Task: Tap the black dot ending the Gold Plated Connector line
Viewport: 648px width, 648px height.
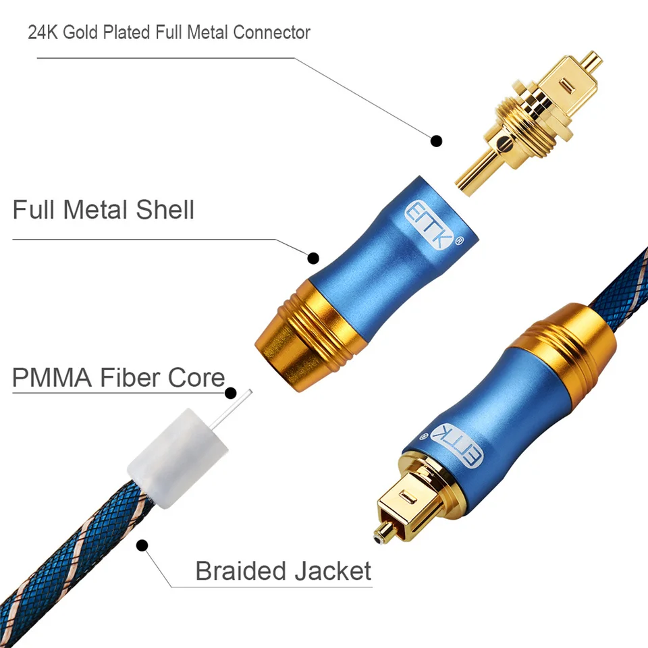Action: click(437, 141)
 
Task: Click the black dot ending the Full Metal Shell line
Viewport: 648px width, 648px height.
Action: click(313, 257)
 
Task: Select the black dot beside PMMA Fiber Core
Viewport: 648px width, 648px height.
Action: click(231, 393)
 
